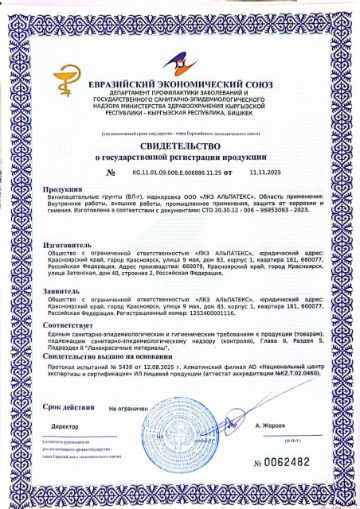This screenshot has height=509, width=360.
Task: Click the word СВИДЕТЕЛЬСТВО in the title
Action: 179,145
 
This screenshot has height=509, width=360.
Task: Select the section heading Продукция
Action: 63,188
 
